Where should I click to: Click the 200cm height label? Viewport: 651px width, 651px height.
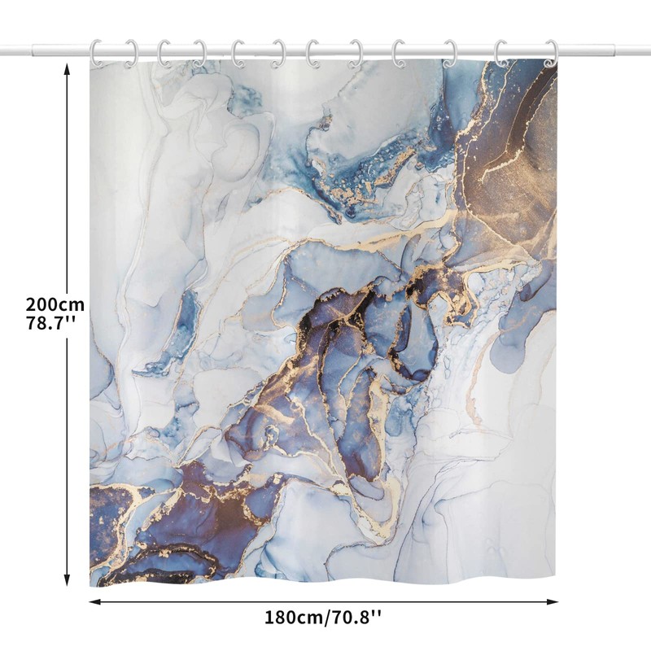coord(55,304)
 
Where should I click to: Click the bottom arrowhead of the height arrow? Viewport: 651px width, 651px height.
coord(68,583)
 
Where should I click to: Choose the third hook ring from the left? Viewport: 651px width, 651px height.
coord(164,53)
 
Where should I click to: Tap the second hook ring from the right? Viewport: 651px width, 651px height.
coord(500,53)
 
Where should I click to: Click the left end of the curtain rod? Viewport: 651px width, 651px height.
coord(3,51)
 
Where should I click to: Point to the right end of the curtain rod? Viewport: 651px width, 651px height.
coord(648,51)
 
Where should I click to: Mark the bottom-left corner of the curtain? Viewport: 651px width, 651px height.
coord(91,584)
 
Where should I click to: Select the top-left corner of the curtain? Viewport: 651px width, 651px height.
coord(91,62)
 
